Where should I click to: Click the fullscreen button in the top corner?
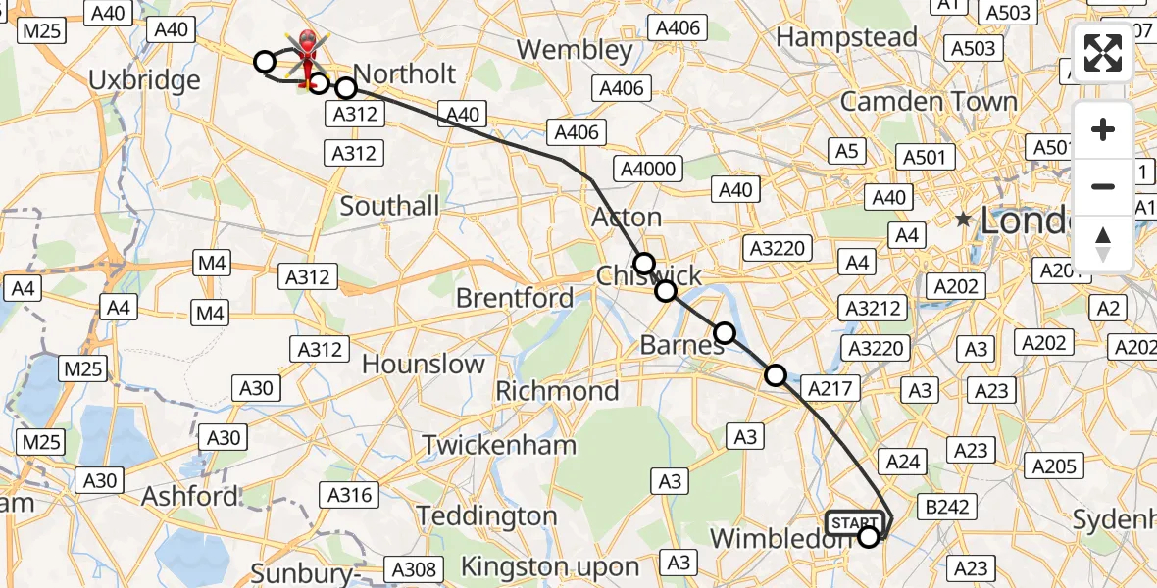tap(1103, 53)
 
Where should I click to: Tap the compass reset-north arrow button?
tap(1103, 243)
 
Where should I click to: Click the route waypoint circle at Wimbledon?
tap(869, 536)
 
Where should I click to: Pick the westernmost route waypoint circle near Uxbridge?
tap(264, 63)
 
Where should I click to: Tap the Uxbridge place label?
tap(144, 79)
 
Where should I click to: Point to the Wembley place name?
tap(575, 49)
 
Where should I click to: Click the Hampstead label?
tap(847, 37)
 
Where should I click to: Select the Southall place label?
tap(389, 206)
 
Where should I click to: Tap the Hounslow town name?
tap(423, 364)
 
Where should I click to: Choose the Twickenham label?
tap(499, 445)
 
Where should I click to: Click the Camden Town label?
tap(929, 101)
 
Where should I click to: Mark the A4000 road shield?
tap(648, 169)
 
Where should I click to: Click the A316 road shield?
tap(349, 495)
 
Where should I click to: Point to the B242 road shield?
tap(947, 507)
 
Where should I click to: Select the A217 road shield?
tap(832, 388)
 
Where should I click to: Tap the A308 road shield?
tap(416, 568)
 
